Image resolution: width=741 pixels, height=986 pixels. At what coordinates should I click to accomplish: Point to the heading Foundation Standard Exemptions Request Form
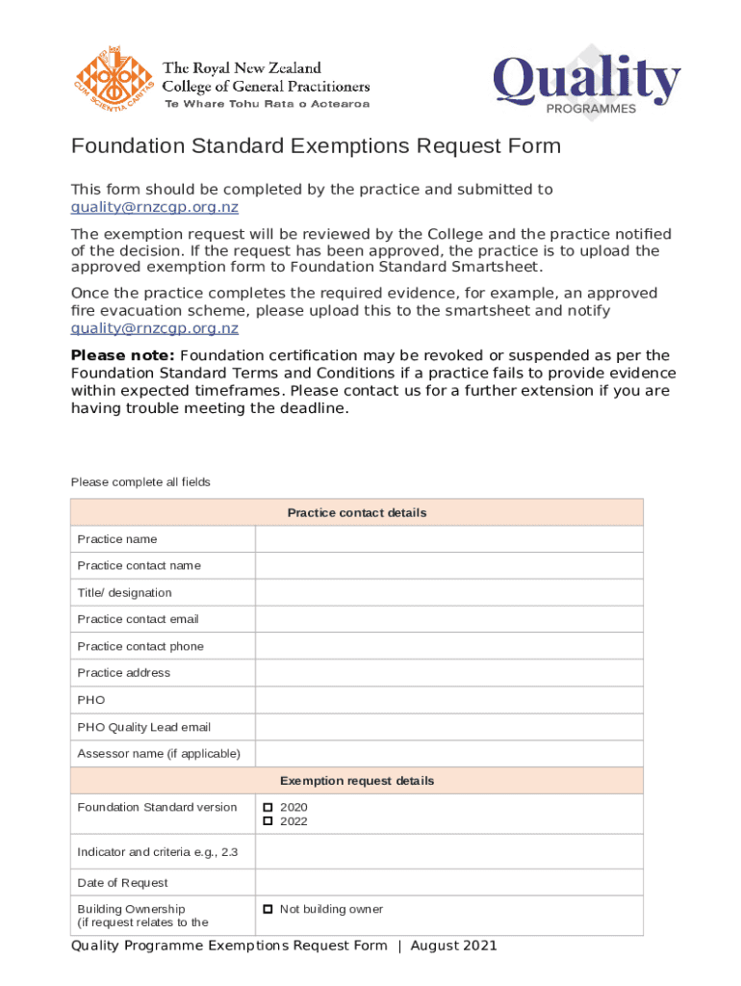(x=316, y=146)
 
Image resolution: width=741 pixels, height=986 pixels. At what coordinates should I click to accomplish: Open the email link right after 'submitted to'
(x=155, y=207)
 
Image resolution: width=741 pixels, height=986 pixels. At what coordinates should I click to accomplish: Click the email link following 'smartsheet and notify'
(x=155, y=328)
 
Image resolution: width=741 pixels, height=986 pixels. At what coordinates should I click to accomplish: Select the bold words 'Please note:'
(x=109, y=355)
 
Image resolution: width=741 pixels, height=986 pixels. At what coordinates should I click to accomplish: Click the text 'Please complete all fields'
(x=141, y=481)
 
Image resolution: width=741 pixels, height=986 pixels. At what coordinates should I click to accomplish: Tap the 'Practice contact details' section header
(x=357, y=512)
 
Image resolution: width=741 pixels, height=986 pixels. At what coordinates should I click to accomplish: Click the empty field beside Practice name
(x=448, y=539)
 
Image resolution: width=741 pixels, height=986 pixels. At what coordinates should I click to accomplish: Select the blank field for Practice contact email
(x=448, y=619)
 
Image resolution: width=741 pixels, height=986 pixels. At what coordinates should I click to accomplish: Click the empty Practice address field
(x=448, y=673)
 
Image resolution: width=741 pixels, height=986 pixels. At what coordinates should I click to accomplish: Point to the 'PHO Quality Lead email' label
(x=144, y=727)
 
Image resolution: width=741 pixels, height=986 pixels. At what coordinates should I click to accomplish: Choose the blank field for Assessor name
(x=448, y=754)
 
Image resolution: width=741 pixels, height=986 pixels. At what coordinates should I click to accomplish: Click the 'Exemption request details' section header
(x=357, y=781)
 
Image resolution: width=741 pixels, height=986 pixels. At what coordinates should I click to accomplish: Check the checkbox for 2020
(x=268, y=807)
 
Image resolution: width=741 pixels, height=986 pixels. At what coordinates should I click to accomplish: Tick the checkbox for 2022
(x=268, y=821)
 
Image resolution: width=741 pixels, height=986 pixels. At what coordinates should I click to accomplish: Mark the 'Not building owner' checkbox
(x=268, y=909)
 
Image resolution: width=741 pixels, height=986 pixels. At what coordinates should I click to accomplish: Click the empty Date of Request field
(x=448, y=883)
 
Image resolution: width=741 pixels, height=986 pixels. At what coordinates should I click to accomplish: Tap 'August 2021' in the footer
(x=453, y=946)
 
